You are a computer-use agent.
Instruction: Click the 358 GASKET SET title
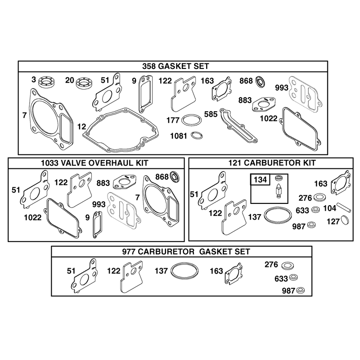pos(175,66)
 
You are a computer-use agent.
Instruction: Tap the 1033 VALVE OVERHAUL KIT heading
pos(94,163)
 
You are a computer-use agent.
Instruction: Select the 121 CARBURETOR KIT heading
pos(272,163)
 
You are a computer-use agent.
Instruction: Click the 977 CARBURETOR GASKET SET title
pos(186,252)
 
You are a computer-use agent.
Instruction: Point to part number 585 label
pos(211,114)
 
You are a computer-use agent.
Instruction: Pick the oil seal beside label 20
pos(83,83)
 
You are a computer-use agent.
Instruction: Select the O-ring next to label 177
pos(192,120)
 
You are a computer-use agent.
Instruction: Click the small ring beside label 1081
pos(197,135)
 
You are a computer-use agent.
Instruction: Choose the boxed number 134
pos(260,179)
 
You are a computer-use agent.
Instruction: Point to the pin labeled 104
pos(344,207)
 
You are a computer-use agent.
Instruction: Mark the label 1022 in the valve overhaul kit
pos(33,217)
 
